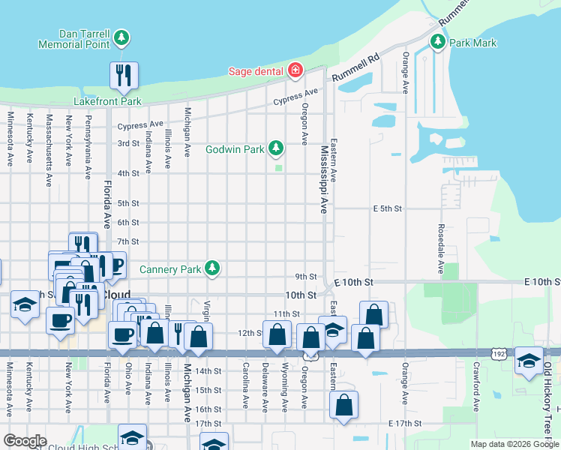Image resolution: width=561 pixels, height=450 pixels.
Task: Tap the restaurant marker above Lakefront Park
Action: click(x=123, y=75)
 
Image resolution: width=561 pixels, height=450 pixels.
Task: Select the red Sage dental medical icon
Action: click(x=295, y=71)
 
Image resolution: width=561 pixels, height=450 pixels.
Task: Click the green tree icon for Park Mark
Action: click(x=437, y=43)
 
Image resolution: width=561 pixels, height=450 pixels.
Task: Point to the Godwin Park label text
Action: click(x=235, y=149)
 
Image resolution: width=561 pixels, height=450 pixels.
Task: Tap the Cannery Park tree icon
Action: click(x=213, y=268)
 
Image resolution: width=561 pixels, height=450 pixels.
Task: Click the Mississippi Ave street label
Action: click(x=325, y=180)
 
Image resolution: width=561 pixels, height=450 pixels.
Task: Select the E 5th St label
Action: click(x=388, y=208)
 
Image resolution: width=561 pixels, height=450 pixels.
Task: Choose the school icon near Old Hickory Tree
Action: click(x=529, y=361)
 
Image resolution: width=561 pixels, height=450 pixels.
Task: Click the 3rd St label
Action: click(x=128, y=143)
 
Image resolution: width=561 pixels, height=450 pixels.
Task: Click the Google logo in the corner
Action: click(x=25, y=441)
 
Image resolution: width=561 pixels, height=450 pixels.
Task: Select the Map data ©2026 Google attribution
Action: click(x=514, y=444)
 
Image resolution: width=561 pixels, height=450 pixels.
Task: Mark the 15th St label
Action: click(x=208, y=391)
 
